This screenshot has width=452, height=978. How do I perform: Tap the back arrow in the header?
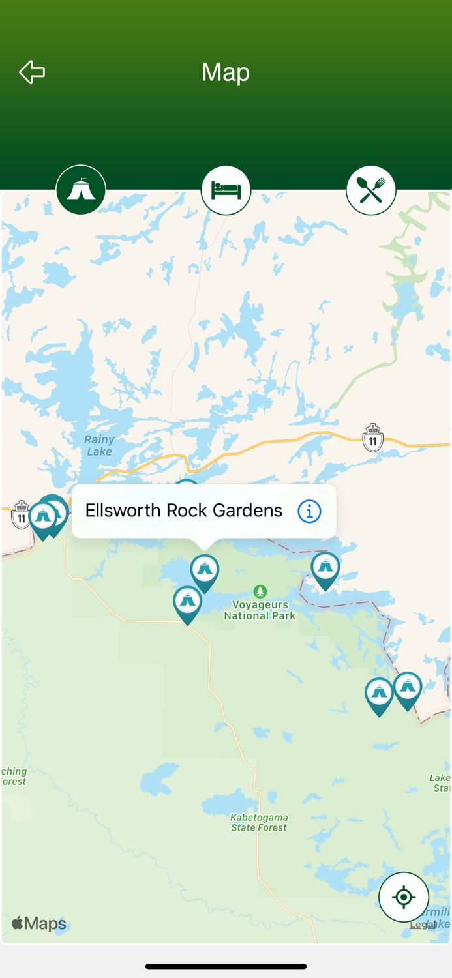32,72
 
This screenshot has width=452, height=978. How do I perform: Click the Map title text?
226,72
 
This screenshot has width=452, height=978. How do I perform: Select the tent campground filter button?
81,190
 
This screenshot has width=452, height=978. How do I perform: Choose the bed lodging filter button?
226,190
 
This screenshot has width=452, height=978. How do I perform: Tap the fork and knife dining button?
370,190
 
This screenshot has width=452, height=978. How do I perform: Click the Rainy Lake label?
99,445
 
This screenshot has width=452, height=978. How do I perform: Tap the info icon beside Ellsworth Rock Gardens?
309,512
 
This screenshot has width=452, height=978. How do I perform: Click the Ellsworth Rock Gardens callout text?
183,511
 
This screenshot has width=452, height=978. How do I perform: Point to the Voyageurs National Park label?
260,610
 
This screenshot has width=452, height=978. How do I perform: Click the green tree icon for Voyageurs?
260,591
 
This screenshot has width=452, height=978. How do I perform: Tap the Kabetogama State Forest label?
259,823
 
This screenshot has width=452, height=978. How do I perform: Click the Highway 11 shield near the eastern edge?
372,438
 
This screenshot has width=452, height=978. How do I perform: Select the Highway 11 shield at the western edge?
21,515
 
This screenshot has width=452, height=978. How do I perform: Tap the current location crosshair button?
404,897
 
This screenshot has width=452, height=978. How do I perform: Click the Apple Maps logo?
39,924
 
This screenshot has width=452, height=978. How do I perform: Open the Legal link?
422,925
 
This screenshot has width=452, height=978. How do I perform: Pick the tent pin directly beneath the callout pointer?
205,571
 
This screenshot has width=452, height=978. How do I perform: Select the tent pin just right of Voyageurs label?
325,569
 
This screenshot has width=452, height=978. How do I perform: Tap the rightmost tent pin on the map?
408,689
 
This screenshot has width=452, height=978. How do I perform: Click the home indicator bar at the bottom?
226,966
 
